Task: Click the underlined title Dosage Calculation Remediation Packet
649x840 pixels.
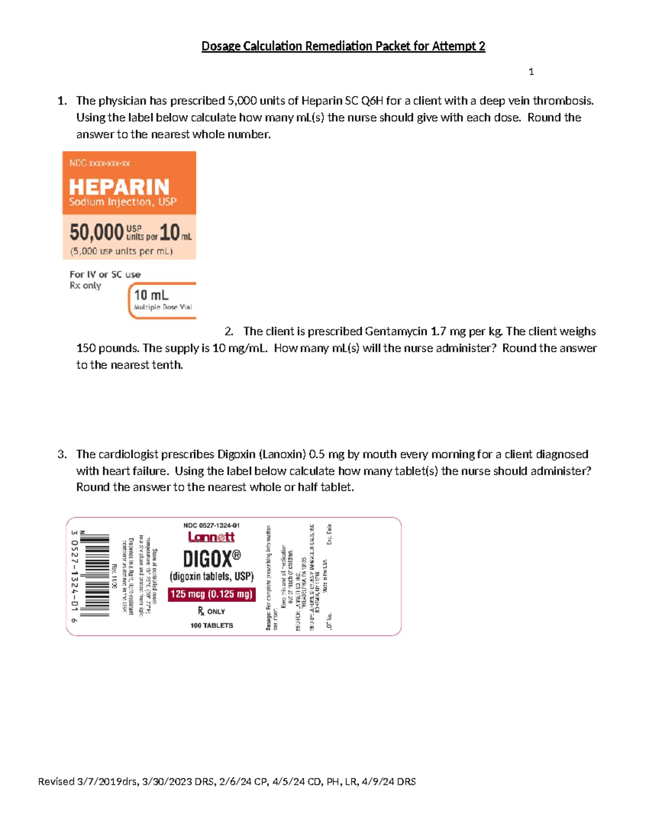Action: pyautogui.click(x=343, y=47)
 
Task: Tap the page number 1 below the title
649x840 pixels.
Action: pyautogui.click(x=531, y=72)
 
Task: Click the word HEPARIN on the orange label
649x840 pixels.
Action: pyautogui.click(x=119, y=187)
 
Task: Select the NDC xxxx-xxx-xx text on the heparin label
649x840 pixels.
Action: pyautogui.click(x=100, y=163)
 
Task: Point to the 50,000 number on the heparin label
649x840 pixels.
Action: pyautogui.click(x=96, y=233)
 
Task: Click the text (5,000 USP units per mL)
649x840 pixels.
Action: pyautogui.click(x=121, y=251)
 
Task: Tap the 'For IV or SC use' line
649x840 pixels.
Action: pyautogui.click(x=105, y=274)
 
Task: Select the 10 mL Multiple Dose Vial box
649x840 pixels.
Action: pyautogui.click(x=162, y=300)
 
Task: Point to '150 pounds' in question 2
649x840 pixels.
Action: pyautogui.click(x=108, y=348)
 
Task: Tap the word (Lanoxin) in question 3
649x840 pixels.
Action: pyautogui.click(x=285, y=454)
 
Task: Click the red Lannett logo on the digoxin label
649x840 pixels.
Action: pyautogui.click(x=211, y=537)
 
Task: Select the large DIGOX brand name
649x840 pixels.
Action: pyautogui.click(x=211, y=558)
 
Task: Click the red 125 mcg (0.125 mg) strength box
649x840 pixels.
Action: pyautogui.click(x=211, y=594)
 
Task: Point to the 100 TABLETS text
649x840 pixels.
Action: pyautogui.click(x=211, y=625)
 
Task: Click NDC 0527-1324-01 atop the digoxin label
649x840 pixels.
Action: pyautogui.click(x=211, y=525)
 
